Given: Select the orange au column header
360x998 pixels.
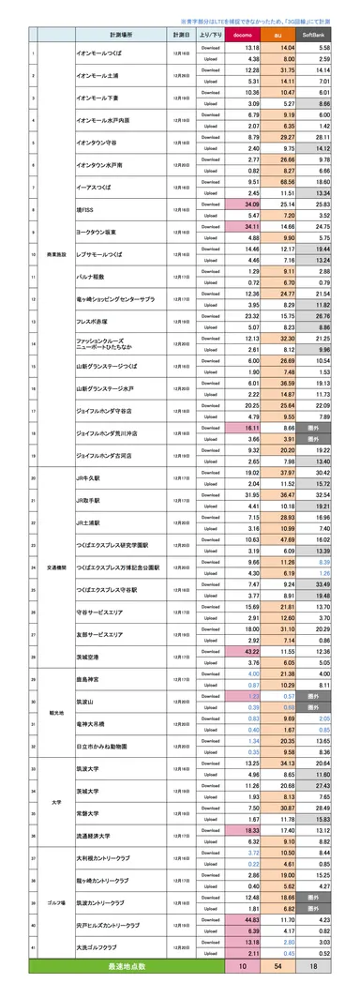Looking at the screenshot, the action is coord(288,35).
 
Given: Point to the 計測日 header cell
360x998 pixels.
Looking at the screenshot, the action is coord(180,35).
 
